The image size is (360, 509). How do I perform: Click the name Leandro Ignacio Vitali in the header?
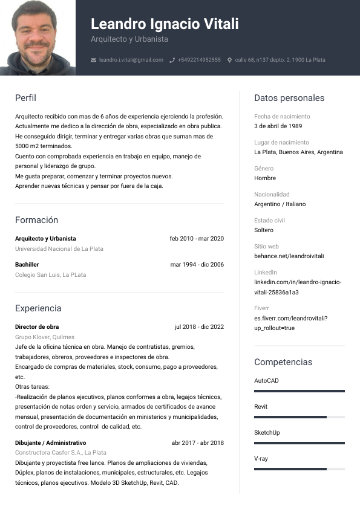point(165,24)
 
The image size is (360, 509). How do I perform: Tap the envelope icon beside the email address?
point(93,60)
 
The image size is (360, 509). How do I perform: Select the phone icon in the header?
point(172,60)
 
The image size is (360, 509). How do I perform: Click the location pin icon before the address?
point(229,60)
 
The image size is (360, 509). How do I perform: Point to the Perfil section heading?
point(25,98)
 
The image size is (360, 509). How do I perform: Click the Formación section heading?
point(36,220)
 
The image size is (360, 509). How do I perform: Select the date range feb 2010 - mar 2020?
point(197,239)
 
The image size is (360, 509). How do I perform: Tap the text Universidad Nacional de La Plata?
point(59,248)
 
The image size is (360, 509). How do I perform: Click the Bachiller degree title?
point(27,265)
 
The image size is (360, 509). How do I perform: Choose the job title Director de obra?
point(37,327)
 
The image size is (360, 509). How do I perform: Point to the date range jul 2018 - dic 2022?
point(199,327)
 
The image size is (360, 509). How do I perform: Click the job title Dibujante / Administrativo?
point(51,443)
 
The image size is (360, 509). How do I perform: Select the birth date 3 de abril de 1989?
point(278,126)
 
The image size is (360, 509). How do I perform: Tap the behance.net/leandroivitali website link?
point(289,256)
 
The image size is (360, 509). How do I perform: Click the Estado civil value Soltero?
point(264,230)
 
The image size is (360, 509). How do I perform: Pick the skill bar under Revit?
point(299,417)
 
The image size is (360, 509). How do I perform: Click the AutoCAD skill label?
point(266,381)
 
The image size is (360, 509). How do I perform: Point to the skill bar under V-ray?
point(299,469)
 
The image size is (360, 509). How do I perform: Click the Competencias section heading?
point(283,362)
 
